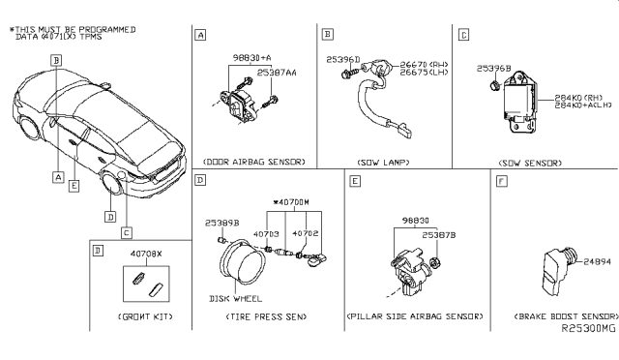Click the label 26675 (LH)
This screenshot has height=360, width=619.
point(406,73)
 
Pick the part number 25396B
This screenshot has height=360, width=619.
point(493,69)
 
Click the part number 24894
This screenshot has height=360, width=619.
point(596,261)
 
